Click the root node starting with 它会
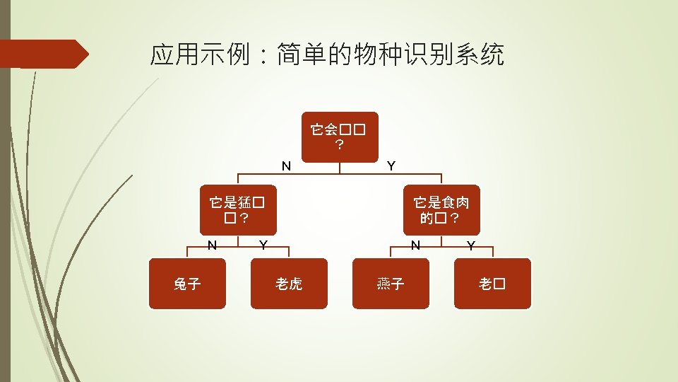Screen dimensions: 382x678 pyautogui.click(x=340, y=137)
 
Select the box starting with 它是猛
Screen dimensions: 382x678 pyautogui.click(x=238, y=209)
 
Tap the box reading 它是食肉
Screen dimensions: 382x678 pyautogui.click(x=441, y=209)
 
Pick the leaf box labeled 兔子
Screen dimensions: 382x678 pyautogui.click(x=187, y=284)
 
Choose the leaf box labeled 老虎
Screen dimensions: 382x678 pyautogui.click(x=289, y=284)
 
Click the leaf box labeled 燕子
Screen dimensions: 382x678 pyautogui.click(x=391, y=284)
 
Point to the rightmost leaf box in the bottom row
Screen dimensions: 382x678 pyautogui.click(x=492, y=284)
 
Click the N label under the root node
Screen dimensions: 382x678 pyautogui.click(x=286, y=166)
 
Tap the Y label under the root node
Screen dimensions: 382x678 pyautogui.click(x=391, y=166)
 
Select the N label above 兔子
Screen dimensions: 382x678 pyautogui.click(x=211, y=245)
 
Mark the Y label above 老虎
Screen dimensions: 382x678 pyautogui.click(x=263, y=245)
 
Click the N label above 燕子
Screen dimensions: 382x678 pyautogui.click(x=416, y=245)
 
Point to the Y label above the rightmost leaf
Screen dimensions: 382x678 pyautogui.click(x=470, y=245)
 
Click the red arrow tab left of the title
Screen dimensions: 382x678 pyautogui.click(x=42, y=54)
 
